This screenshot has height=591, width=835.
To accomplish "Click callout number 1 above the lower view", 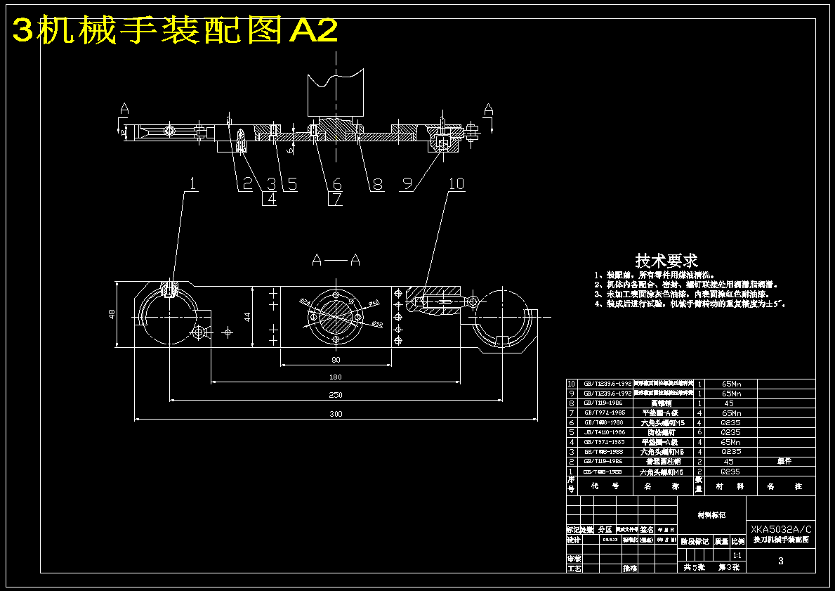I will (x=192, y=183).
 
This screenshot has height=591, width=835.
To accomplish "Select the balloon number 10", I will (x=456, y=183).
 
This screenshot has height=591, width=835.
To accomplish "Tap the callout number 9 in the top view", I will (x=407, y=184).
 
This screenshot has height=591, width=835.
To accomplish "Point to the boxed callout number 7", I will (x=336, y=199).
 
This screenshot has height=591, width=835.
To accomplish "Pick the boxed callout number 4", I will (x=269, y=199).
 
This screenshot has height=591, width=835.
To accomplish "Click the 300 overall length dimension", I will (x=336, y=414).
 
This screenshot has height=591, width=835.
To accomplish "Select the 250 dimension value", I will (x=336, y=395).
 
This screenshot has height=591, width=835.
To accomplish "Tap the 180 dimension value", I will (x=336, y=377).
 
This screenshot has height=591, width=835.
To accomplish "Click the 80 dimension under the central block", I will (x=336, y=360).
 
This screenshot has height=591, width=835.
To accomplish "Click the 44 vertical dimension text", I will (x=246, y=316).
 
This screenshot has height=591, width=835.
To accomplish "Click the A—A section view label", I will (x=336, y=260).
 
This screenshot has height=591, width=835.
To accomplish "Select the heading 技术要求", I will (x=666, y=261).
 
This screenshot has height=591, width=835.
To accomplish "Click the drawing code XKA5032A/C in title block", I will (x=781, y=529).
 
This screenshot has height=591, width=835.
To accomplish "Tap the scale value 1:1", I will (x=737, y=555).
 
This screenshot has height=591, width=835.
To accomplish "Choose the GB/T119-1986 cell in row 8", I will (x=603, y=403).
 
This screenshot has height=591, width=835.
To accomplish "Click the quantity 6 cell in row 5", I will (x=699, y=432).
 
